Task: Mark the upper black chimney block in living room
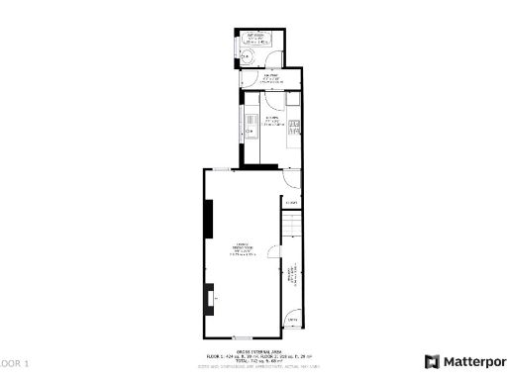[209, 219]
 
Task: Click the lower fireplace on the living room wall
[209, 297]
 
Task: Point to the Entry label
[292, 321]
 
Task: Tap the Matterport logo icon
[432, 361]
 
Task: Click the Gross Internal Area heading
[257, 350]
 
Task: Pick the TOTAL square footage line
[257, 360]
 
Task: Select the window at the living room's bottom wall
[243, 338]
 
